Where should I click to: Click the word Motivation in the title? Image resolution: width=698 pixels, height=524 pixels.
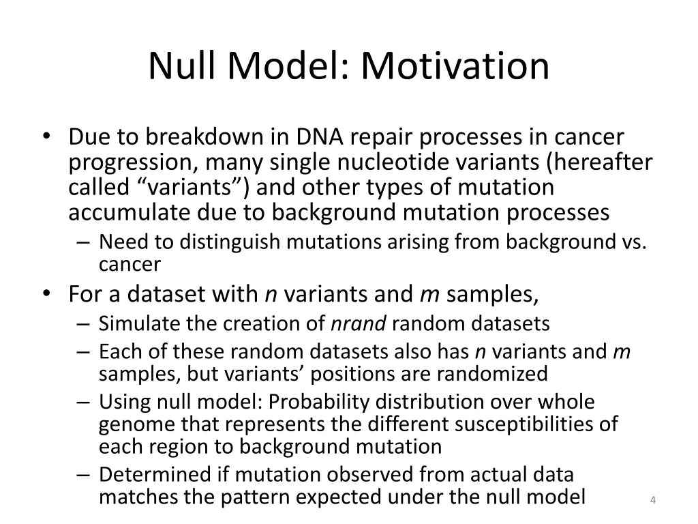tap(455, 67)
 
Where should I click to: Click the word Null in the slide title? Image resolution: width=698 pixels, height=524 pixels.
tap(179, 67)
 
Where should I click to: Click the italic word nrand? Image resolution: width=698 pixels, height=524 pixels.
tap(359, 323)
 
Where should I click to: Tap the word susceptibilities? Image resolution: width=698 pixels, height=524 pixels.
tap(517, 424)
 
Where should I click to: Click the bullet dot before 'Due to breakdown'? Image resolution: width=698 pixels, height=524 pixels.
tap(46, 138)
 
